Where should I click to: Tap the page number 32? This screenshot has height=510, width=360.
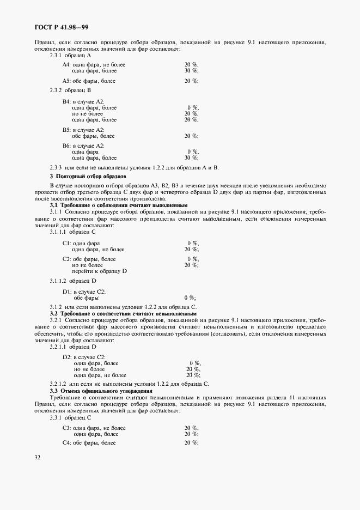[x=38, y=457]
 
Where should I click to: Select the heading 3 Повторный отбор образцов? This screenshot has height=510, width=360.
[x=88, y=177]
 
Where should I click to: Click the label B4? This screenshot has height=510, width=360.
[x=66, y=102]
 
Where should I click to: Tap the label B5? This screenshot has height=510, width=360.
[x=66, y=130]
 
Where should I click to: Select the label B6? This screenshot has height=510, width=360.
[x=66, y=146]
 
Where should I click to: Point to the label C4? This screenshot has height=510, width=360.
[x=67, y=443]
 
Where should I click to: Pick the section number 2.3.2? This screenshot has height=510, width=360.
[x=57, y=90]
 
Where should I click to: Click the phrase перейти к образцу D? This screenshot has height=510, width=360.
[x=99, y=271]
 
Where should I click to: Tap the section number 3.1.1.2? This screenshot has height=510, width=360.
[x=58, y=281]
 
